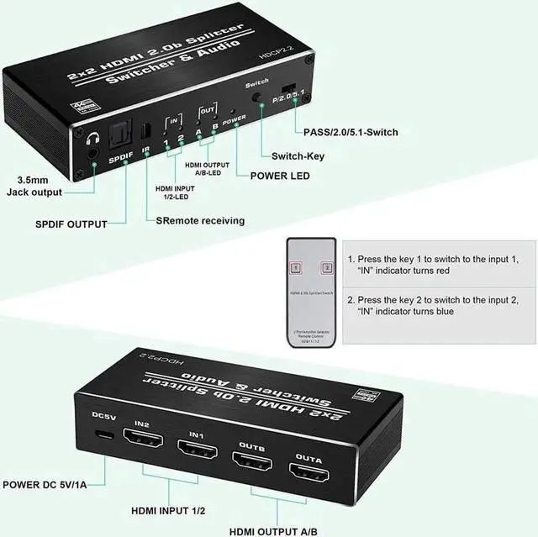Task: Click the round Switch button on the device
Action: [x=256, y=97]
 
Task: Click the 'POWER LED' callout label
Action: [x=280, y=176]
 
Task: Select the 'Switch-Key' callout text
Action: [x=298, y=155]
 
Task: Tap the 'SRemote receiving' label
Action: [x=200, y=221]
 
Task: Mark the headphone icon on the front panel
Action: [x=91, y=134]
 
